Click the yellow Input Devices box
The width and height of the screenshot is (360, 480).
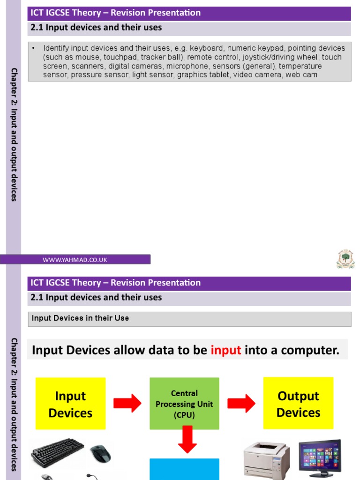pyautogui.click(x=70, y=404)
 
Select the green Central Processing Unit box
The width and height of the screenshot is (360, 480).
pyautogui.click(x=184, y=404)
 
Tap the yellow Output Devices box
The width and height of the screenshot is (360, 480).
pyautogui.click(x=298, y=404)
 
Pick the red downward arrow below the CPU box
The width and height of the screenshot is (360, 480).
pyautogui.click(x=187, y=439)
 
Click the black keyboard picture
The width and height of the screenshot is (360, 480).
pyautogui.click(x=57, y=453)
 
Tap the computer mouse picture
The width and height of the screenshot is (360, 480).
pyautogui.click(x=101, y=454)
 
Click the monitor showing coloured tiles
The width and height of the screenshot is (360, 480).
pyautogui.click(x=320, y=456)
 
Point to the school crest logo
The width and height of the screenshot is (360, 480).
pyautogui.click(x=345, y=259)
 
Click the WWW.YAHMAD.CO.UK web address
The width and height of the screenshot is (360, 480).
pyautogui.click(x=75, y=260)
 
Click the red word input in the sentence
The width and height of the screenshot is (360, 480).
pyautogui.click(x=225, y=350)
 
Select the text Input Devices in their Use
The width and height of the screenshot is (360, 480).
pyautogui.click(x=80, y=318)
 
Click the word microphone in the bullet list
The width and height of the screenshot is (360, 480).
pyautogui.click(x=187, y=66)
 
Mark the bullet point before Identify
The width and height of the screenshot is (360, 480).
pyautogui.click(x=33, y=48)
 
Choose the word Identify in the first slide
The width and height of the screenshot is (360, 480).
pyautogui.click(x=57, y=48)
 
